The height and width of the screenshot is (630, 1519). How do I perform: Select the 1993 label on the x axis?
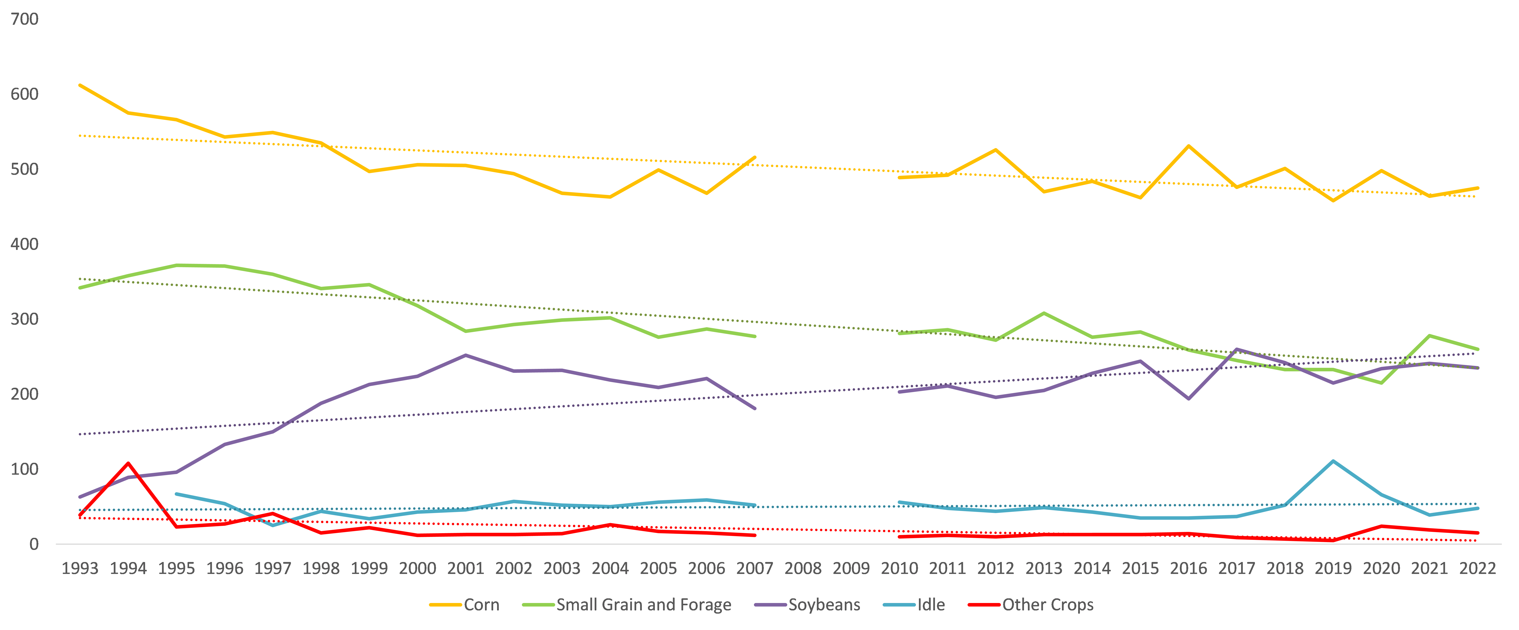(80, 569)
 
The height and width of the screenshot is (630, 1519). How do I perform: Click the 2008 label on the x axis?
(803, 569)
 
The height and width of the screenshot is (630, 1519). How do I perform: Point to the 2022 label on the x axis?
(1477, 569)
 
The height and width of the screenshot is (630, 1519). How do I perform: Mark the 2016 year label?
(1188, 569)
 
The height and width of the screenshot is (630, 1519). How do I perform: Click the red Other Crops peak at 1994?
(128, 463)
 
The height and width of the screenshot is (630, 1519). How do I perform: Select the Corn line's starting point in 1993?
(80, 85)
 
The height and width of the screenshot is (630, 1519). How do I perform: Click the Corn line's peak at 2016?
(1188, 146)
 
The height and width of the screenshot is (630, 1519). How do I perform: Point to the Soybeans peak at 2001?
(466, 355)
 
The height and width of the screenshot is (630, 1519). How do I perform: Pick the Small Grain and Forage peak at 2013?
(1044, 313)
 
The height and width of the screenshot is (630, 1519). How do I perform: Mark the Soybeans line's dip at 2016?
(1188, 399)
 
